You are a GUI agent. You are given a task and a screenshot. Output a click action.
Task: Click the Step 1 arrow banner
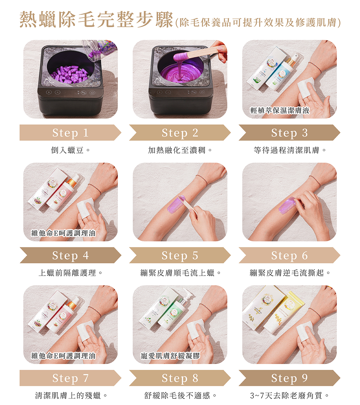click(70, 133)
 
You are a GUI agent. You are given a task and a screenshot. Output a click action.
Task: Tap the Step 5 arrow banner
click(180, 255)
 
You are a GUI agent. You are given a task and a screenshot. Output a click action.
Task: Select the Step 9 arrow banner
click(289, 378)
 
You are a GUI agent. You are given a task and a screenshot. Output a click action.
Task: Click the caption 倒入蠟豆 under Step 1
click(70, 150)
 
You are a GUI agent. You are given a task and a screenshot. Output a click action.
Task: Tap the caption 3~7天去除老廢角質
click(290, 395)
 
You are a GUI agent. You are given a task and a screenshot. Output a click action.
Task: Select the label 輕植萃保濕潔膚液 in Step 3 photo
click(280, 111)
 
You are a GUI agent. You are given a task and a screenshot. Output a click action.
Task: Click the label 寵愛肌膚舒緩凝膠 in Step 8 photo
click(170, 356)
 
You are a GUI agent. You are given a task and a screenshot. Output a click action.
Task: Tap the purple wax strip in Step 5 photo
click(177, 203)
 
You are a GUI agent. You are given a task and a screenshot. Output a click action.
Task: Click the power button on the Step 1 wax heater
click(92, 92)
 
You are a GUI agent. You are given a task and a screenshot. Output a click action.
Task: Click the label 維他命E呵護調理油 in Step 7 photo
click(63, 356)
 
